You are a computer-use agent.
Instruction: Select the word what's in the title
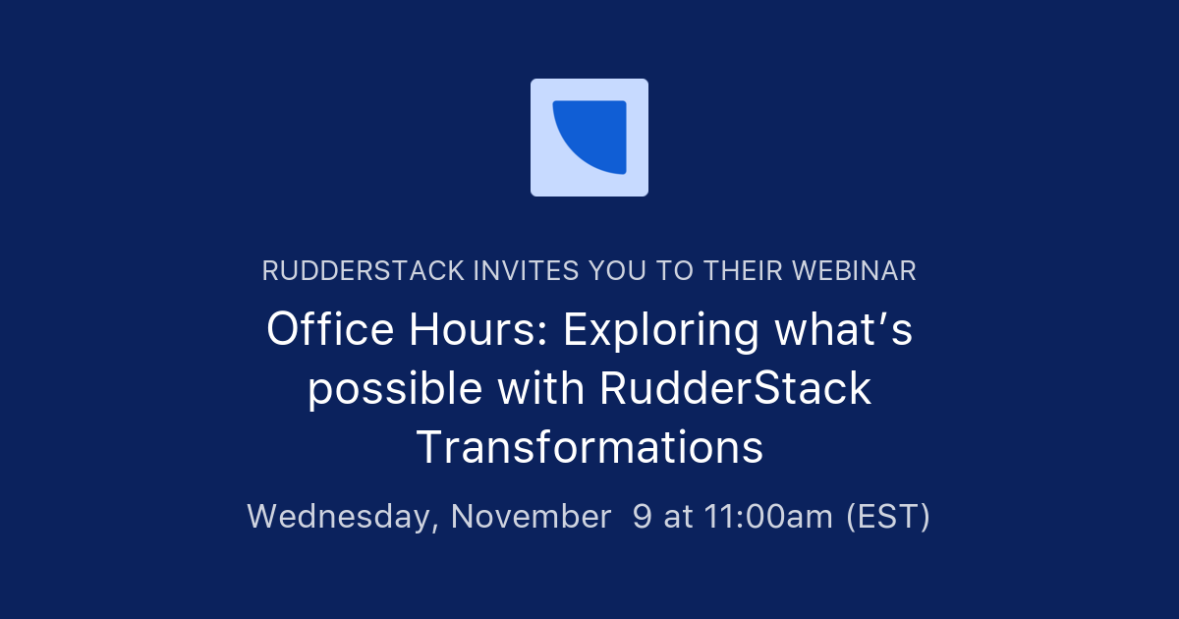[843, 331]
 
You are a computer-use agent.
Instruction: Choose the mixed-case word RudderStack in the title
[735, 388]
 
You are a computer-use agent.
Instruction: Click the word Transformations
[589, 447]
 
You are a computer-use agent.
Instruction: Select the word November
[531, 516]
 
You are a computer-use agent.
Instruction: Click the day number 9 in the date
[642, 516]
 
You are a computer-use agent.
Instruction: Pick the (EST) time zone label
[888, 516]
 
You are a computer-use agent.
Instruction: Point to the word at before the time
[679, 516]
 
